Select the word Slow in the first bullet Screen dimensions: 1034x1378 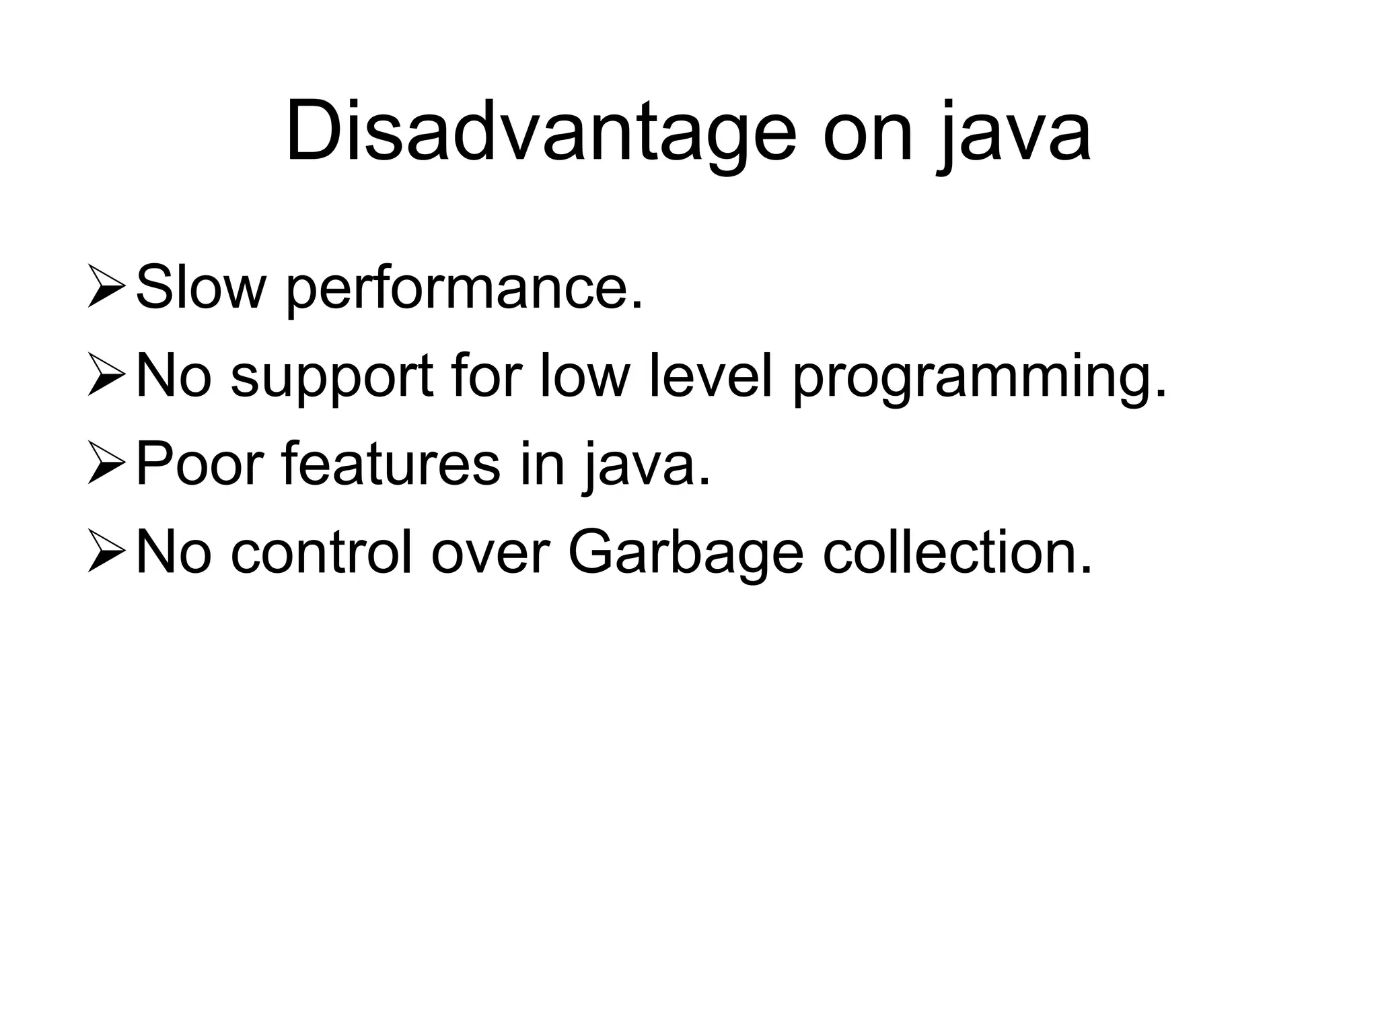(x=200, y=288)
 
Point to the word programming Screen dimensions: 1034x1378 (x=980, y=380)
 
